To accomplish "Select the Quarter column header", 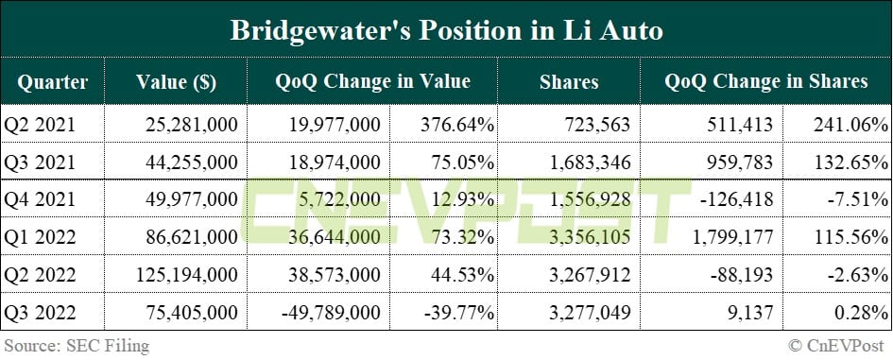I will (52, 81).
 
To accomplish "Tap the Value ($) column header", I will (176, 81).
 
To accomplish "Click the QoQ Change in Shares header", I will (765, 81).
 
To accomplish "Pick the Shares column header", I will (568, 81).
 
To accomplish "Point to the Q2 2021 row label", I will (39, 124).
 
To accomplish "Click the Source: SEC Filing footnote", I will (75, 346).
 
